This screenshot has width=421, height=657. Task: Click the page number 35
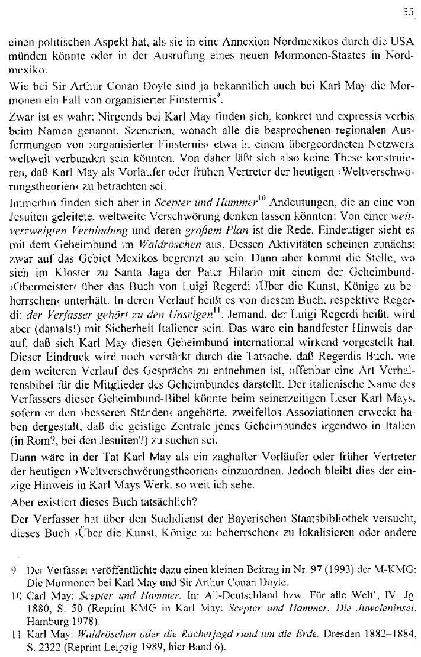(x=407, y=10)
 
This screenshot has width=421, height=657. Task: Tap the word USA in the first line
(x=397, y=43)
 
